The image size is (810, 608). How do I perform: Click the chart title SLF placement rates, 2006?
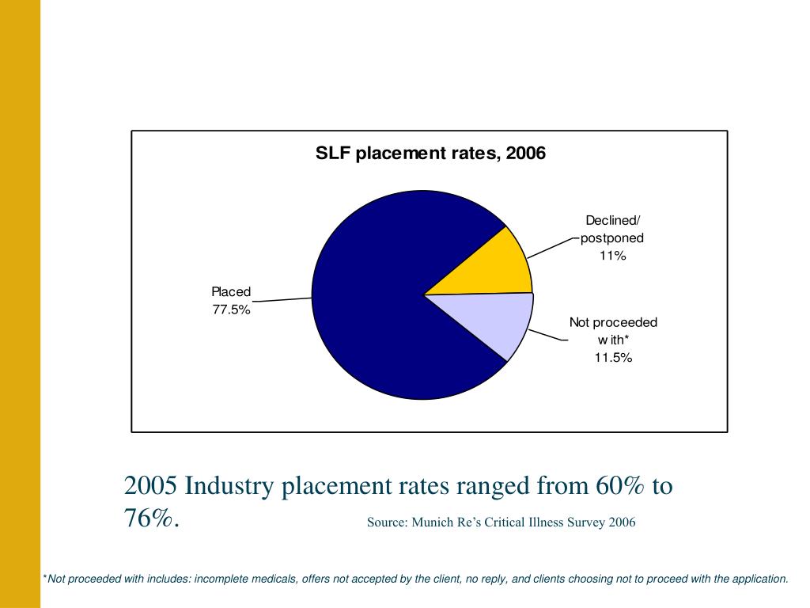coord(430,153)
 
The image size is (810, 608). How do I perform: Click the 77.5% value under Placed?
coord(231,310)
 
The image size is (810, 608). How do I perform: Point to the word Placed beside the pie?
coord(231,292)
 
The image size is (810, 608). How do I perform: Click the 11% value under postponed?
coord(612,256)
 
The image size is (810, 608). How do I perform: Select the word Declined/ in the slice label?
coord(613,220)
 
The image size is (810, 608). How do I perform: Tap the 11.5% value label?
coord(613,358)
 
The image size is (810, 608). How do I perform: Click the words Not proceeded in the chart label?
coord(613,322)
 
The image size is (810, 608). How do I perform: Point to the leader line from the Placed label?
coord(282,299)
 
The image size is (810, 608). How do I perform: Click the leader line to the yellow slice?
coord(551,246)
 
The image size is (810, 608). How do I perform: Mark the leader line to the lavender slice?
coord(547,335)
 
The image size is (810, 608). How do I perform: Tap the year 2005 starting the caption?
coord(151,485)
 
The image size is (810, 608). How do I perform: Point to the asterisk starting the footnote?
coord(44,578)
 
